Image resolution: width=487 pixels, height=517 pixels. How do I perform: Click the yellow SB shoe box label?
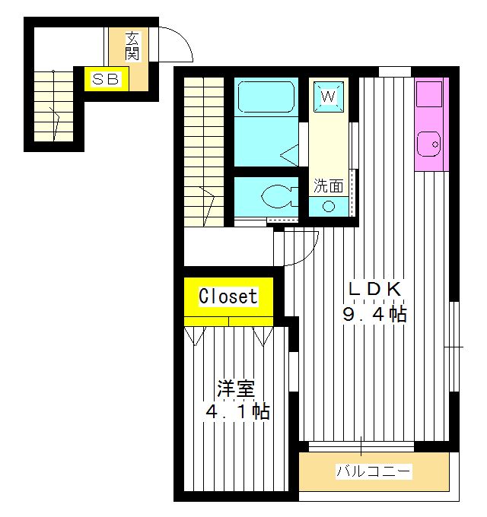(x=106, y=79)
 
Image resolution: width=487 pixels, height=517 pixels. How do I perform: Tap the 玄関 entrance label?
(x=132, y=46)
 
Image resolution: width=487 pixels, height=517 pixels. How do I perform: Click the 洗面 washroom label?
(x=329, y=185)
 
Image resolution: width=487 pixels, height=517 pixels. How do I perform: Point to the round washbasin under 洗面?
(x=329, y=205)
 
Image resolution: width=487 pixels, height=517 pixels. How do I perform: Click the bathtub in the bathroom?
(x=266, y=98)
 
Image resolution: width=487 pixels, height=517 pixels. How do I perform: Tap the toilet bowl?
(x=275, y=197)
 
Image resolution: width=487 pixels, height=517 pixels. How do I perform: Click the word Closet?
(x=228, y=296)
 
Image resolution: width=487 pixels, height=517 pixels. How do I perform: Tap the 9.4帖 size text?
(x=374, y=314)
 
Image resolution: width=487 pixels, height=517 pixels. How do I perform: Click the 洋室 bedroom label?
(x=235, y=389)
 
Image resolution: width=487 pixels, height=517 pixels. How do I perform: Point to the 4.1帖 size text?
(x=237, y=413)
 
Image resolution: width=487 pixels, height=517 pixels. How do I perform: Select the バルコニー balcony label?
(x=374, y=472)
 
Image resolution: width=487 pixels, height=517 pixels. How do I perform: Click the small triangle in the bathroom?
(x=290, y=157)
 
